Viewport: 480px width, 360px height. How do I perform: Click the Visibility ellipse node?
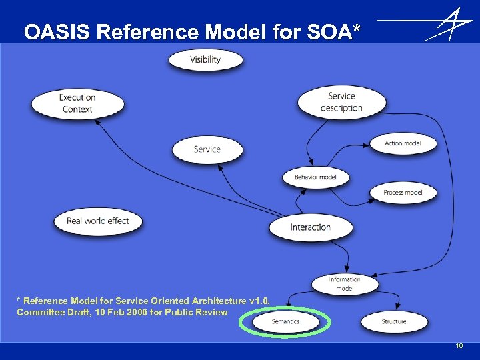click(205, 59)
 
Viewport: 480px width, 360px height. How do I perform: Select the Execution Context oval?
click(77, 103)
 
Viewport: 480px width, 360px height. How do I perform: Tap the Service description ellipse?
click(341, 102)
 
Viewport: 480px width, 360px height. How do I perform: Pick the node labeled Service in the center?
click(207, 149)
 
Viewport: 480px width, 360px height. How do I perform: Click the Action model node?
click(403, 143)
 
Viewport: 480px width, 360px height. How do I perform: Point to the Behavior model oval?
click(315, 177)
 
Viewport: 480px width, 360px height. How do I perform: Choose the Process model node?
click(403, 193)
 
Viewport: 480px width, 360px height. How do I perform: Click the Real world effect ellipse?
click(97, 221)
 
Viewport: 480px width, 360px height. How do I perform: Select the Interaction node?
click(310, 227)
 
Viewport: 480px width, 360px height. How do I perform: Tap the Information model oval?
click(345, 284)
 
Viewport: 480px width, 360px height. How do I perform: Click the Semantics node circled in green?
click(286, 321)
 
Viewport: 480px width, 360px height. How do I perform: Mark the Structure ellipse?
click(394, 321)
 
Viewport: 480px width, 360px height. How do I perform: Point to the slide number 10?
click(459, 346)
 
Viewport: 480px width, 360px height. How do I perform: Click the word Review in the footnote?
click(213, 312)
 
